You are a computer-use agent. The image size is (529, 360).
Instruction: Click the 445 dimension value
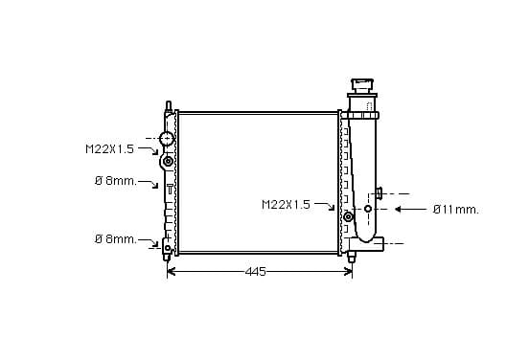(255, 271)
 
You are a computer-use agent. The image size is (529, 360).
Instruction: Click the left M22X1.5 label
(109, 149)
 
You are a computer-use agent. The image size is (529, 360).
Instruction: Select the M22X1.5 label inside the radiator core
(286, 204)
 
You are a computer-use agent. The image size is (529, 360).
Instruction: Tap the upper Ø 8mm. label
(116, 181)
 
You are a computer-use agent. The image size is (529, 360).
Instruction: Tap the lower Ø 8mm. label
(116, 239)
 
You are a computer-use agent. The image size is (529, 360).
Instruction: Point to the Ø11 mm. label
(456, 210)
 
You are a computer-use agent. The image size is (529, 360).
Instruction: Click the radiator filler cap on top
(362, 85)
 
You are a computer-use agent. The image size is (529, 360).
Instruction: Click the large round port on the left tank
(167, 139)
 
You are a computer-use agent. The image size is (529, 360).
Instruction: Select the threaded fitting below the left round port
(168, 162)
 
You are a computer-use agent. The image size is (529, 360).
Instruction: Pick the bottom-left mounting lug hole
(168, 248)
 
